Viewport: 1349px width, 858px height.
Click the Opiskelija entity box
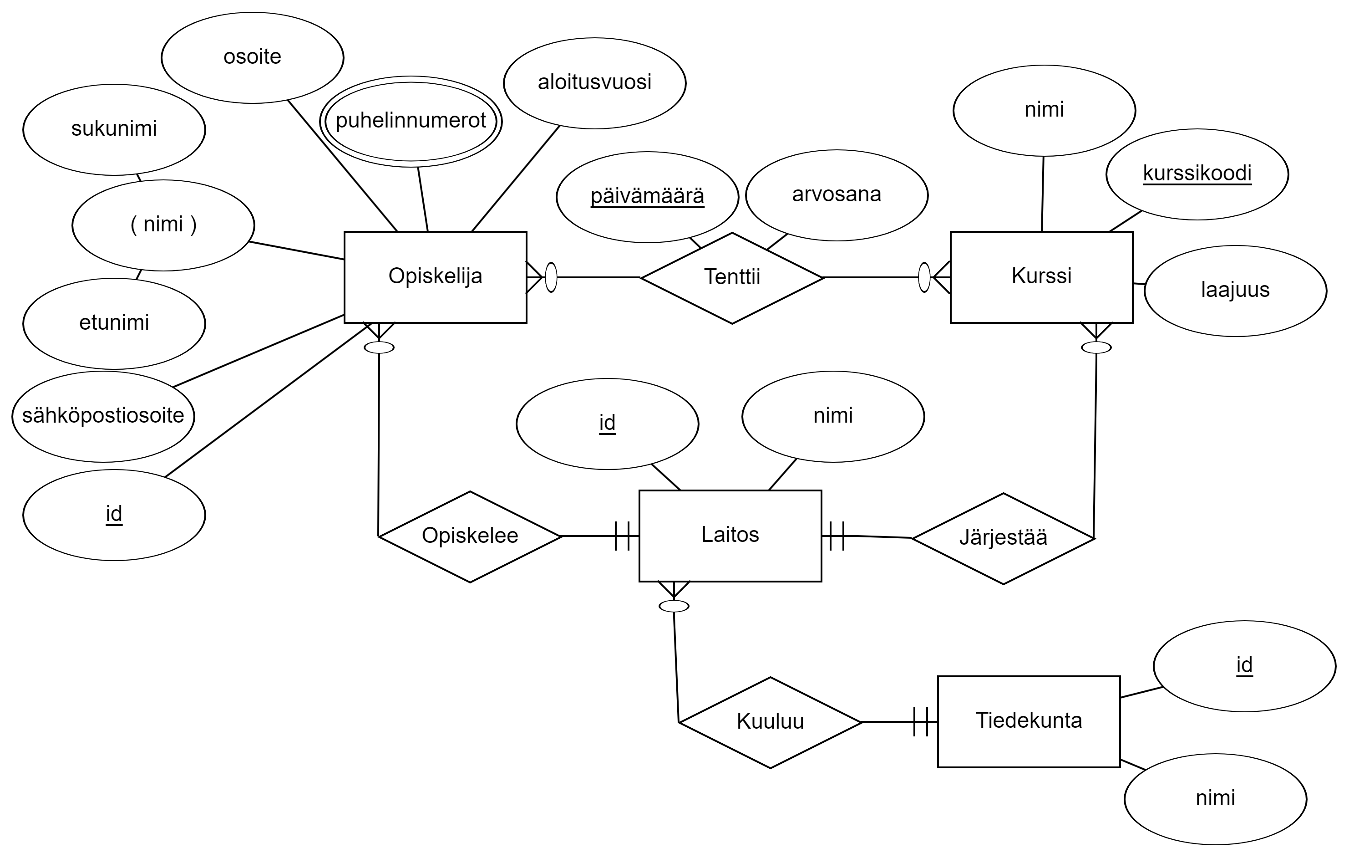435,277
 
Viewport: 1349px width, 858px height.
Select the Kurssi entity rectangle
1041,277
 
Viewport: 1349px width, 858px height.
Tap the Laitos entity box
730,536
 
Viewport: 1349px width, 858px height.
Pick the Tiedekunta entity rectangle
1029,721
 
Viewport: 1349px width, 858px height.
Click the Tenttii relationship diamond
732,278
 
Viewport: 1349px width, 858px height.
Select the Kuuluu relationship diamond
770,722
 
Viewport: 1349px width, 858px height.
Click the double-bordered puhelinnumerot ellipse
411,122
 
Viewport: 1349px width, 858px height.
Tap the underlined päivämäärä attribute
647,197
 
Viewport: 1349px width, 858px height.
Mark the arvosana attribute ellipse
837,195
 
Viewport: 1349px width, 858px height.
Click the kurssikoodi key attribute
1197,174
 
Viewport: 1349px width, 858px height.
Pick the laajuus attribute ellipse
1235,291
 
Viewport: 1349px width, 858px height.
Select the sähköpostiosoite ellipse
103,416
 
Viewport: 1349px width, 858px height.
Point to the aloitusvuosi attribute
594,83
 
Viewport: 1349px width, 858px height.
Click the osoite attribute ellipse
252,58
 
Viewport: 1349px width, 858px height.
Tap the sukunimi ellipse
114,129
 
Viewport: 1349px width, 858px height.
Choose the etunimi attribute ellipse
114,323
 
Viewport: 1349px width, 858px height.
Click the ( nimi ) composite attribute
163,225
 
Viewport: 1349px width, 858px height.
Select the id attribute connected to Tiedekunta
1244,666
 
